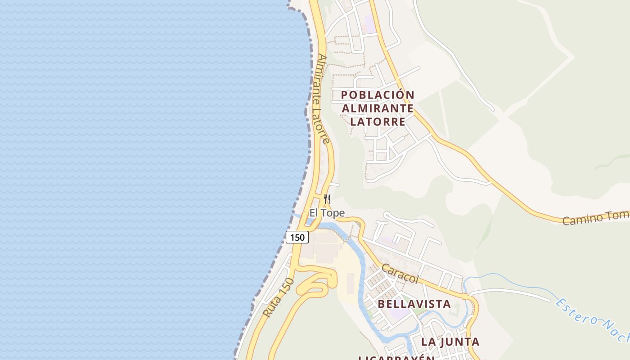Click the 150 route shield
coord(297,237)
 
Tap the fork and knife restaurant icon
coord(327,199)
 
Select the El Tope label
coord(327,213)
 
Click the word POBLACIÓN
coord(377,95)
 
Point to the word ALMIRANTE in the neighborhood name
coord(377,108)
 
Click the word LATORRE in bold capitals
coord(377,121)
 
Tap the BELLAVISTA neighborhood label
coord(414,304)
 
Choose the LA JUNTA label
coord(450,342)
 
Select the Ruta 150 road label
coord(279,297)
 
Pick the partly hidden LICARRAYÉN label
coord(396,358)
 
